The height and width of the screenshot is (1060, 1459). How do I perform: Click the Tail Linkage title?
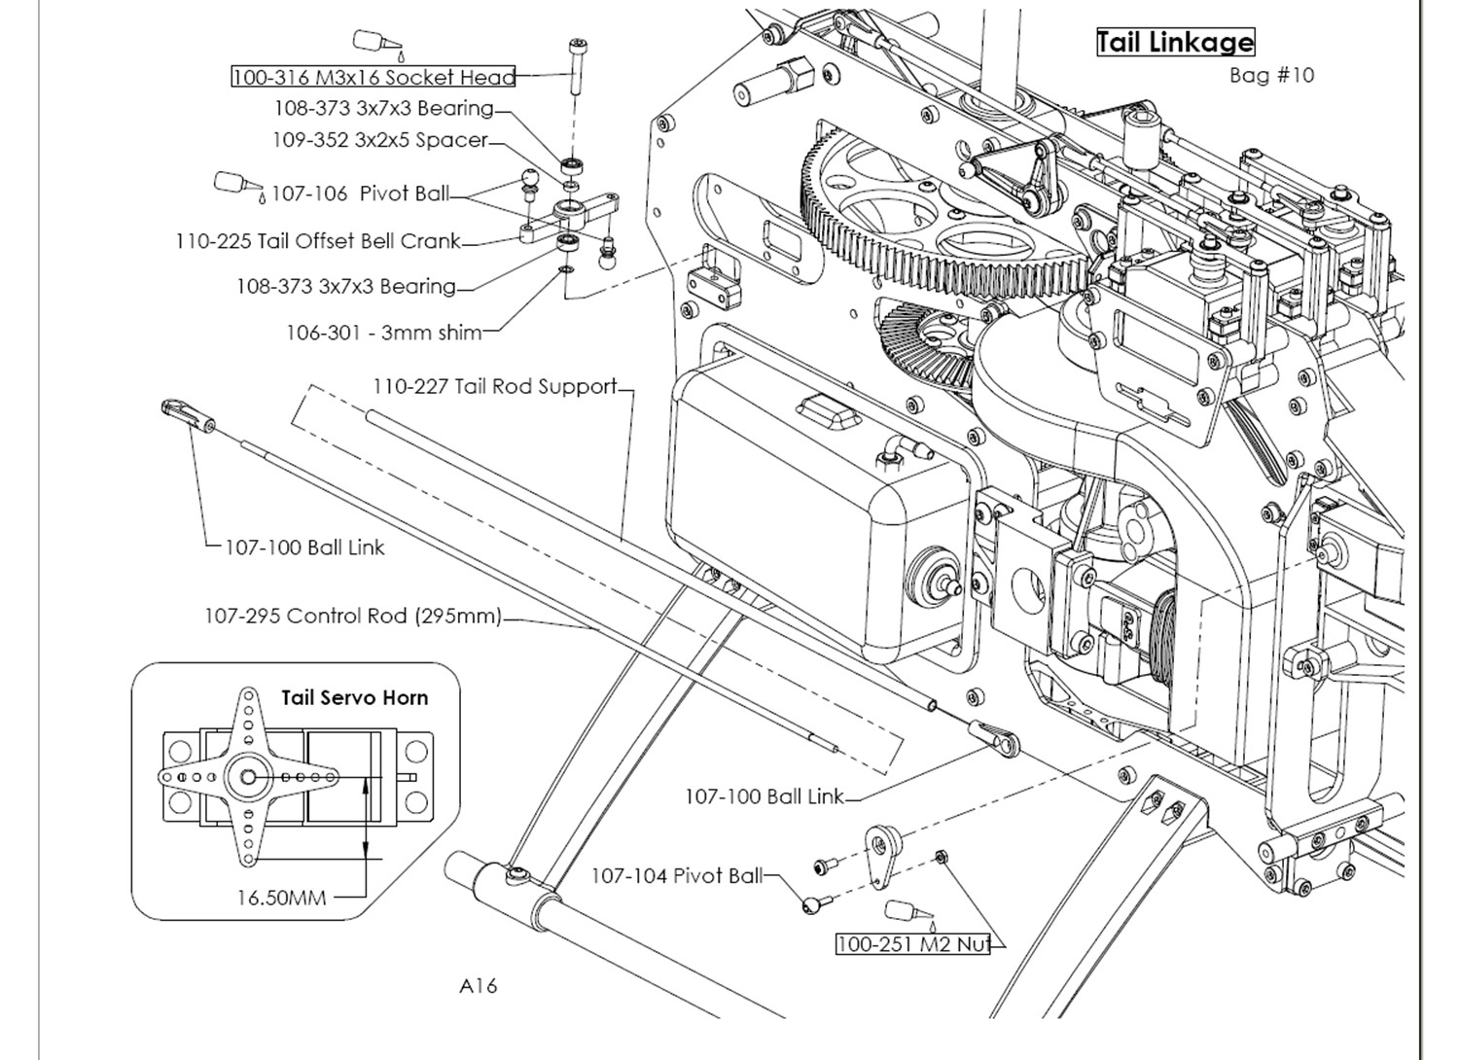1176,43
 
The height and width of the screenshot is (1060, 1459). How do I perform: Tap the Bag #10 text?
1271,76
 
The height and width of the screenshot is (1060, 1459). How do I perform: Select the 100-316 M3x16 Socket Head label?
374,77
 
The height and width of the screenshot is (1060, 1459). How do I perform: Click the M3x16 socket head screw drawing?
575,66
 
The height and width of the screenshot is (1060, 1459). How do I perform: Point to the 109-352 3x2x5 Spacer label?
379,140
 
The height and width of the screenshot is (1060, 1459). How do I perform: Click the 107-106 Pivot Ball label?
360,194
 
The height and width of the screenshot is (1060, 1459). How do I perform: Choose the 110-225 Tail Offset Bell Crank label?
318,241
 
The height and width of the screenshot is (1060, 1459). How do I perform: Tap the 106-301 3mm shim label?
384,333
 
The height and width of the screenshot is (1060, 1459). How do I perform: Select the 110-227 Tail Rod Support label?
494,386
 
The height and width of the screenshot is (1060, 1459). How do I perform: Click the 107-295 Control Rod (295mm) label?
353,616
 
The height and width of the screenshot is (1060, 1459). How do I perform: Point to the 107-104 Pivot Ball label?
676,876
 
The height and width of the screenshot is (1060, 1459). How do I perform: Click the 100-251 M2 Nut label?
913,944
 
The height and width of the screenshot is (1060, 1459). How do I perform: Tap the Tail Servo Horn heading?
354,698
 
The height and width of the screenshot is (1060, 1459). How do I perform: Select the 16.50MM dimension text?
281,898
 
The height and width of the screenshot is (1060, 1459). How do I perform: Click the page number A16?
479,986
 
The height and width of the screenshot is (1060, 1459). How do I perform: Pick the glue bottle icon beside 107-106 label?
239,186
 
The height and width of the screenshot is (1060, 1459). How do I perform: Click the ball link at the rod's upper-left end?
188,414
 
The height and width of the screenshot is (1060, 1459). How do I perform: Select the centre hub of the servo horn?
247,777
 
